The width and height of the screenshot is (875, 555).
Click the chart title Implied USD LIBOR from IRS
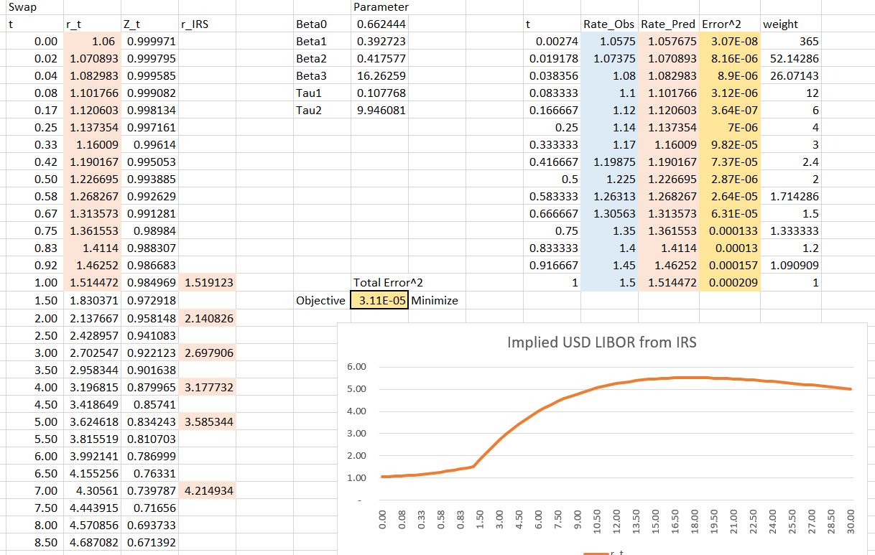pos(601,342)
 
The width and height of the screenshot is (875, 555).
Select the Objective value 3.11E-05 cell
pos(379,300)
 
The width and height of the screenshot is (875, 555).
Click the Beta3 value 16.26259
pos(381,75)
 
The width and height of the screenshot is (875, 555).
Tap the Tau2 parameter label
pos(310,110)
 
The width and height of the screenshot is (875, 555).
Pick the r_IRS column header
pos(198,24)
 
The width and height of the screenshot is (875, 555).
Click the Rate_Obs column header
pos(609,24)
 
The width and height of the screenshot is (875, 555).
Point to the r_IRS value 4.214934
pos(209,490)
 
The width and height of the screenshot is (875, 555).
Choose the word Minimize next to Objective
pos(435,300)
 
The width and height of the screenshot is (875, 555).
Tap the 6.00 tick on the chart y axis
pos(357,367)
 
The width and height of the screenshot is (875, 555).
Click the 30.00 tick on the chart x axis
pos(851,518)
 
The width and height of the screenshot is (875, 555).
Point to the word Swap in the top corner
pos(19,6)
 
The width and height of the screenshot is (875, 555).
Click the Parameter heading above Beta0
pos(381,6)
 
